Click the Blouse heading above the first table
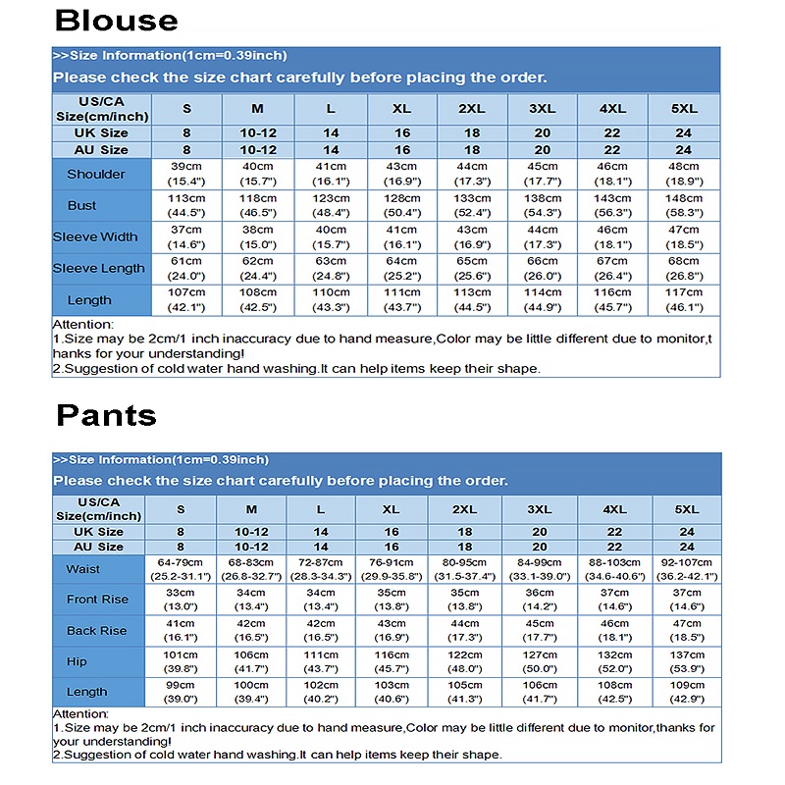(x=116, y=21)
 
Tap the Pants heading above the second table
(x=106, y=415)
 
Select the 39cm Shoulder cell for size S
(x=186, y=174)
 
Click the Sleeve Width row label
(x=96, y=236)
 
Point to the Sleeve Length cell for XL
(x=401, y=268)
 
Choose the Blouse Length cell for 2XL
(x=472, y=299)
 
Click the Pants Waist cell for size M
(x=251, y=569)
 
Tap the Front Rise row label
(x=97, y=600)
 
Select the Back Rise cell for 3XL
(x=540, y=631)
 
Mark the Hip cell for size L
(x=321, y=661)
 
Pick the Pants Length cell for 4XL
(x=614, y=692)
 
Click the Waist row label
(x=83, y=569)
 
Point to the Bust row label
(x=82, y=205)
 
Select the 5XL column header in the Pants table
(x=687, y=509)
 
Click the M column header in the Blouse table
(x=257, y=108)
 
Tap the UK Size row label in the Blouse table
(x=101, y=133)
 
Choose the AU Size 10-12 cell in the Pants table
(x=251, y=547)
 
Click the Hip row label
(x=77, y=661)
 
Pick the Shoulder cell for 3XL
(x=543, y=174)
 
